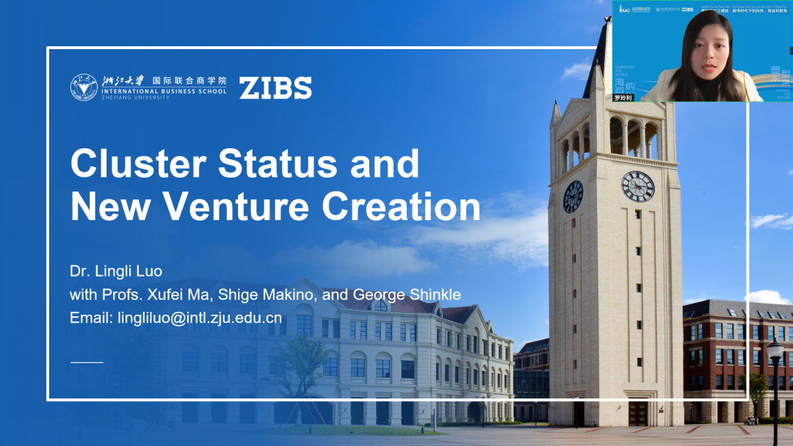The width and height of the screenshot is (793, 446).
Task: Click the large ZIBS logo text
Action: pos(275,87)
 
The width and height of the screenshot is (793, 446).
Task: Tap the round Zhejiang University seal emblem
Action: pos(83,87)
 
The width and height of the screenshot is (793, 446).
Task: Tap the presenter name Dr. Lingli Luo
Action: pos(116,271)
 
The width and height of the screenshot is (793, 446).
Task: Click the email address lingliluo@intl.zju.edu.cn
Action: pos(176,318)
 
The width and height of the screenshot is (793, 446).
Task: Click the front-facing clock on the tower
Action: pos(637,186)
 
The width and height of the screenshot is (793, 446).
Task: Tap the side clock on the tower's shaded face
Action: pos(573,197)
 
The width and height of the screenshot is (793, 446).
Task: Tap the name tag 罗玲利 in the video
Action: pos(623,97)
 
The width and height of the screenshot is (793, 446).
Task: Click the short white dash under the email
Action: pos(87,362)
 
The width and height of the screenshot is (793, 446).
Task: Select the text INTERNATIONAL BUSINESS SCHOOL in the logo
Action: pos(181,92)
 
